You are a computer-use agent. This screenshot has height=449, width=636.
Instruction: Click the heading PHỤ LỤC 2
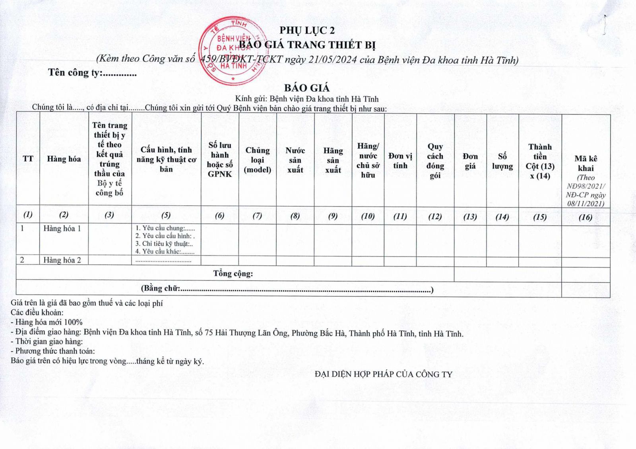(x=306, y=30)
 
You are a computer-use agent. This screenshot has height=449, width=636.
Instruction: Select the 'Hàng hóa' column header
(x=64, y=159)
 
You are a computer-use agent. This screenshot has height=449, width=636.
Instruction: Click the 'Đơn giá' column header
(x=470, y=161)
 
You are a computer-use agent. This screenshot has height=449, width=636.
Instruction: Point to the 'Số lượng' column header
(x=502, y=161)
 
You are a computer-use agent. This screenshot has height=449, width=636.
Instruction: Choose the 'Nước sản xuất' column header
(x=295, y=160)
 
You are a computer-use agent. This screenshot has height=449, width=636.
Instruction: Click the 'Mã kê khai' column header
(x=586, y=163)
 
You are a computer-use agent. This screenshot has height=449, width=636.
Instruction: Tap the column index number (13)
(x=470, y=217)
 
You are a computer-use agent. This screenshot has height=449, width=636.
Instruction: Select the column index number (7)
(x=257, y=216)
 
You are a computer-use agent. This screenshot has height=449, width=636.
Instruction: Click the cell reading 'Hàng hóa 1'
(x=62, y=229)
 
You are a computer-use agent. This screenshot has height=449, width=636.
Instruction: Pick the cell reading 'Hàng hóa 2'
(x=62, y=260)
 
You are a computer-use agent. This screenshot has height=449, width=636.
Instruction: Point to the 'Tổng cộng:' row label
(x=233, y=274)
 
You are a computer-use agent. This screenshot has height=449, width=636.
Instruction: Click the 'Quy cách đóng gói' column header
(x=435, y=161)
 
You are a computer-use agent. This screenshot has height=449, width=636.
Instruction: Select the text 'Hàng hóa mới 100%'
(x=48, y=322)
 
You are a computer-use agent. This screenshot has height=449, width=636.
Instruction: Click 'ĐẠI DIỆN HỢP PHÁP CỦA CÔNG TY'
(x=383, y=374)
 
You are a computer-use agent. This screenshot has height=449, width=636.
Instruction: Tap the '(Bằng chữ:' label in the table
(x=161, y=288)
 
